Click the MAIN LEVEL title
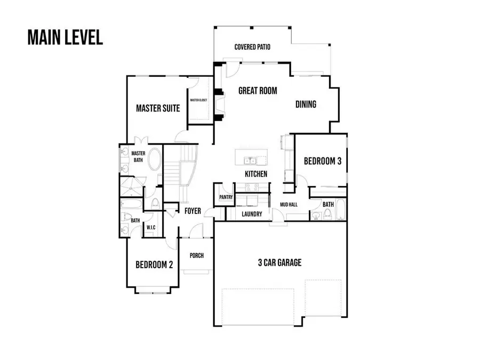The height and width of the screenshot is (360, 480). coord(65,38)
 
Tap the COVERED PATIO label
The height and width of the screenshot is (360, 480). coord(252,47)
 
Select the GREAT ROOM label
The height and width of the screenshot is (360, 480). coord(258,91)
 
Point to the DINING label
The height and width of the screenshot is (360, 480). coord(306,105)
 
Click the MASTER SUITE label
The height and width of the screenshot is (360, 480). coord(158,108)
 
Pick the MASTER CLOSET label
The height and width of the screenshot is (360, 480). coord(199,100)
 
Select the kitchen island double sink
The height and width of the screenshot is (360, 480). coord(249,160)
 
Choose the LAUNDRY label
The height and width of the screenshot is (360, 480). coord(252,214)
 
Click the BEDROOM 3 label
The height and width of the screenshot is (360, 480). coord(322,161)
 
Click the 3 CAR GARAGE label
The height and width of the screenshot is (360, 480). coord(280,262)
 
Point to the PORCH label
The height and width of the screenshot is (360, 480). coord(197,255)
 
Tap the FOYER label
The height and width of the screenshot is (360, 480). coord(193,211)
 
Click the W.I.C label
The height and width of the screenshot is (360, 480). coord(150,227)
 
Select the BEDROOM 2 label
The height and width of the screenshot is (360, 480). coord(154,265)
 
